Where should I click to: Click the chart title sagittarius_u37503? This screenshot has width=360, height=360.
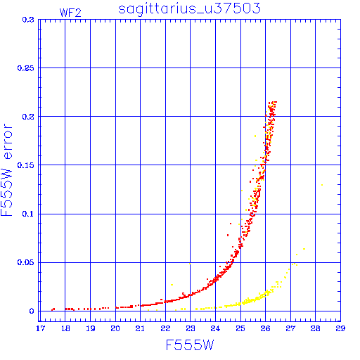click(189, 8)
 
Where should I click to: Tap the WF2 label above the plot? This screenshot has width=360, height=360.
click(70, 13)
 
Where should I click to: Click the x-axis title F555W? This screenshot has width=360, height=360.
click(190, 345)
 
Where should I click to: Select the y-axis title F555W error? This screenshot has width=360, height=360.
click(6, 170)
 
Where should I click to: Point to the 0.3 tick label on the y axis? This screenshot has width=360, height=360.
click(28, 20)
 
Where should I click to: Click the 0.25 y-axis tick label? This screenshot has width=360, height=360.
click(26, 68)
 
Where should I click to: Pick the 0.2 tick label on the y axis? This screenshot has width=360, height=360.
click(28, 117)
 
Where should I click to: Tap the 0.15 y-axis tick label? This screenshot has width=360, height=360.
click(26, 165)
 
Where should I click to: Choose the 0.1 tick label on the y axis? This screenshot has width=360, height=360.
click(28, 214)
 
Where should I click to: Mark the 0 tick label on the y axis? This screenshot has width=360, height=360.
click(32, 311)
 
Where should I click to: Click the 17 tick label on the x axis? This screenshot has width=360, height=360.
click(40, 328)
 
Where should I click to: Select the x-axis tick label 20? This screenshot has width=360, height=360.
click(115, 328)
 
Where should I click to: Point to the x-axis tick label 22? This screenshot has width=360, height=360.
click(165, 328)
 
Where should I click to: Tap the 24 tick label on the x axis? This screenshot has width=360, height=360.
click(215, 328)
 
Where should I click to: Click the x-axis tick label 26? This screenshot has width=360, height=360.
click(266, 328)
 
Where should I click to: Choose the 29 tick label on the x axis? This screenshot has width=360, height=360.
click(340, 328)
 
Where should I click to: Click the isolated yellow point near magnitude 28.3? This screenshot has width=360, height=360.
click(322, 185)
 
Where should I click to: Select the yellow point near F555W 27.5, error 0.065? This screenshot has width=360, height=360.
click(304, 249)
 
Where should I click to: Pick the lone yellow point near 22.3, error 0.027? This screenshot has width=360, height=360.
click(172, 285)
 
